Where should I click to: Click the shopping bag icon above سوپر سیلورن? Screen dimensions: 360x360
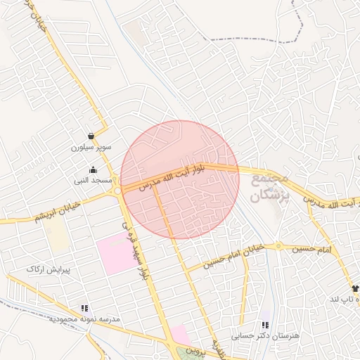pyautogui.click(x=91, y=136)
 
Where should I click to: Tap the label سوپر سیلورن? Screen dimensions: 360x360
pyautogui.click(x=86, y=148)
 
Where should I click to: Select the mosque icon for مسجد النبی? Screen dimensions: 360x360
pyautogui.click(x=93, y=169)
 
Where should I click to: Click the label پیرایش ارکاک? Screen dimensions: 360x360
pyautogui.click(x=46, y=269)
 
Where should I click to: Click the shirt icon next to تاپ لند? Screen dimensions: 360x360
pyautogui.click(x=354, y=288)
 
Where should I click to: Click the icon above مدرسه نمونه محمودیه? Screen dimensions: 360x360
pyautogui.click(x=85, y=308)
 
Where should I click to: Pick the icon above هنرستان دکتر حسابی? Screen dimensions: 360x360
pyautogui.click(x=265, y=325)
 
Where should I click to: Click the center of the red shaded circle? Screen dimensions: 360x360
pyautogui.click(x=180, y=179)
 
